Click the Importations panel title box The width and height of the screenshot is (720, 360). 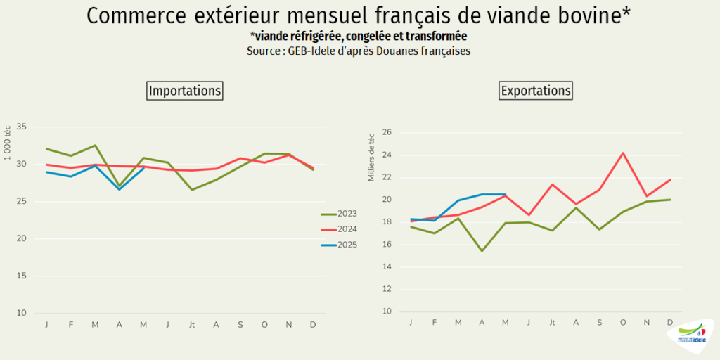click(x=185, y=91)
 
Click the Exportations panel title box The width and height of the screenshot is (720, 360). click(x=536, y=91)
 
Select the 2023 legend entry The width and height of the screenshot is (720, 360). click(x=340, y=214)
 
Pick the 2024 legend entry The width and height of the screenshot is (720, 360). click(x=340, y=229)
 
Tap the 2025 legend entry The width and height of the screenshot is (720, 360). click(x=340, y=245)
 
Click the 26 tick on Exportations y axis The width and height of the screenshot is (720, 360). click(x=386, y=132)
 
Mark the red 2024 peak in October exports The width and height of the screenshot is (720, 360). click(x=623, y=153)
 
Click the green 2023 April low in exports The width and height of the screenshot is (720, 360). click(x=482, y=251)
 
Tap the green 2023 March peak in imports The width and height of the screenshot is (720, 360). click(x=95, y=146)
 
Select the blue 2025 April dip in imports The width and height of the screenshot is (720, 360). click(x=120, y=189)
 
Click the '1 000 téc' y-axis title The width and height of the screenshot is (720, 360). click(x=8, y=143)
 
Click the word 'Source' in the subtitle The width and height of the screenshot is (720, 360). click(x=263, y=51)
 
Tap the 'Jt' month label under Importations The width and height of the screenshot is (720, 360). click(x=192, y=324)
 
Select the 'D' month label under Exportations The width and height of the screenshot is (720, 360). click(x=670, y=322)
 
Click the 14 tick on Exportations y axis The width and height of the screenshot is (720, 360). click(x=386, y=267)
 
